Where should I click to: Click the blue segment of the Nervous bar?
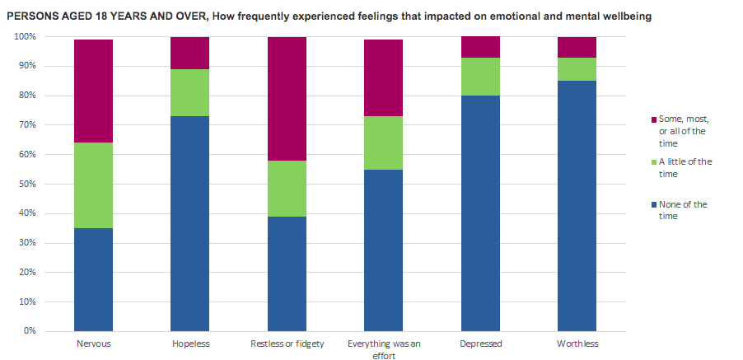(x=94, y=279)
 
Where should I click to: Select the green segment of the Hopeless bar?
(x=189, y=92)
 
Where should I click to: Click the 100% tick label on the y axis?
(x=25, y=37)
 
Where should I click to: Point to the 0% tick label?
(x=30, y=331)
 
